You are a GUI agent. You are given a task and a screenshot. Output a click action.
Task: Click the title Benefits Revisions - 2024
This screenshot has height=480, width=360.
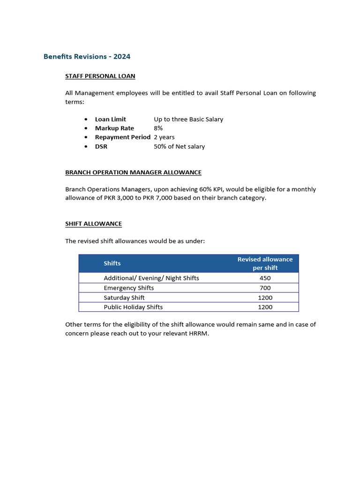87,57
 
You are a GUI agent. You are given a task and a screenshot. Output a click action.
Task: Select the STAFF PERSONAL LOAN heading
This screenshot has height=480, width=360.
100,76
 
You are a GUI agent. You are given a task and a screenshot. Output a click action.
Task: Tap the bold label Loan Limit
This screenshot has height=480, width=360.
110,119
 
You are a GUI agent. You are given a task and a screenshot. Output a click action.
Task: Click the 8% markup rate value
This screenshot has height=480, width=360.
158,128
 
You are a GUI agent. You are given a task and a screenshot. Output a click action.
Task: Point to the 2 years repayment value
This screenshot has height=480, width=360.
164,137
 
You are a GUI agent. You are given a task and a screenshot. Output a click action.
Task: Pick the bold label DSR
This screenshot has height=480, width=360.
101,146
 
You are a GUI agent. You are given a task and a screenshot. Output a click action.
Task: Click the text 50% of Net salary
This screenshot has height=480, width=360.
179,146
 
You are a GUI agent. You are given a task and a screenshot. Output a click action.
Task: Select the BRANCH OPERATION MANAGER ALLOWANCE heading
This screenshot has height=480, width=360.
133,172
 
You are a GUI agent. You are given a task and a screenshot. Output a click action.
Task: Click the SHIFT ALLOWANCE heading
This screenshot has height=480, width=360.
93,224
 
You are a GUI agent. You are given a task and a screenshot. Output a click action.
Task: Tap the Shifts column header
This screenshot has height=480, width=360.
112,263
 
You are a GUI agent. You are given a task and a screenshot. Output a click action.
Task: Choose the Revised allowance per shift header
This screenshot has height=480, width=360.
265,263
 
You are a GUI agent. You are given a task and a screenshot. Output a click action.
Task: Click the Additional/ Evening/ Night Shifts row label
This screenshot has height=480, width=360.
151,278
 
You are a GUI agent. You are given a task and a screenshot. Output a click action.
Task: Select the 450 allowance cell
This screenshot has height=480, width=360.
265,278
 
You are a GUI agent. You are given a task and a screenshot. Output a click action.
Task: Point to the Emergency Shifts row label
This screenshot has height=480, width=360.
128,288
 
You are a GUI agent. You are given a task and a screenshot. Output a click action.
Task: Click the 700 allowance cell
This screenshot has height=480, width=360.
265,288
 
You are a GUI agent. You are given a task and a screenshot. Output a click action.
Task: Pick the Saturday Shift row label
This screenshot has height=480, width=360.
124,298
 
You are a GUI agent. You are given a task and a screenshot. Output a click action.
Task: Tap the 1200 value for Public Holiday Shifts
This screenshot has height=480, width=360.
265,307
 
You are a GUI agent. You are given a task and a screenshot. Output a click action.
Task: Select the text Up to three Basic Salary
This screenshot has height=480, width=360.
188,119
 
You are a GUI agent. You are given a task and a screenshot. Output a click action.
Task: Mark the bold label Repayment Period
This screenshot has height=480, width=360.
122,137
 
